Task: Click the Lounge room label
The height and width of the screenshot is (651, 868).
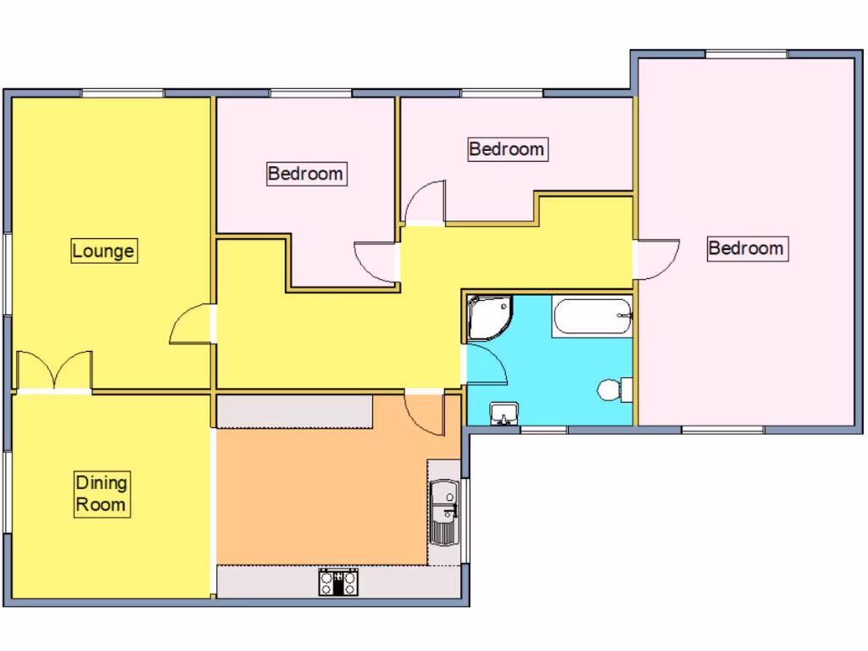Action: click(103, 251)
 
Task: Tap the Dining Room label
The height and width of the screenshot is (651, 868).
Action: click(102, 494)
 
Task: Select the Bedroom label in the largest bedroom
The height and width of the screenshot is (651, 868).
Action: click(746, 248)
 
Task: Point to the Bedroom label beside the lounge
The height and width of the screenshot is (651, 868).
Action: click(306, 174)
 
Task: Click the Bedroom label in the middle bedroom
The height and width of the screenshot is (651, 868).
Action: click(507, 149)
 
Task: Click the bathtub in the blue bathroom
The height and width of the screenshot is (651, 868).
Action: click(592, 317)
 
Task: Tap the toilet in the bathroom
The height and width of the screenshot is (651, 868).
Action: click(612, 390)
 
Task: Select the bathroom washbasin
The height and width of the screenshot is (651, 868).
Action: click(504, 414)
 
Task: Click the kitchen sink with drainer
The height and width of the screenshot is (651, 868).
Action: click(443, 513)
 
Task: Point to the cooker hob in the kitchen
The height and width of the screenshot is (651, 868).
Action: click(339, 581)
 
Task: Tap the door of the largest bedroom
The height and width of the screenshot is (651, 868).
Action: click(656, 259)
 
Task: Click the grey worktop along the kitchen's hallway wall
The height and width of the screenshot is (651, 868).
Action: click(294, 413)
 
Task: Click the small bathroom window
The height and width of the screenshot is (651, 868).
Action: click(542, 430)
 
